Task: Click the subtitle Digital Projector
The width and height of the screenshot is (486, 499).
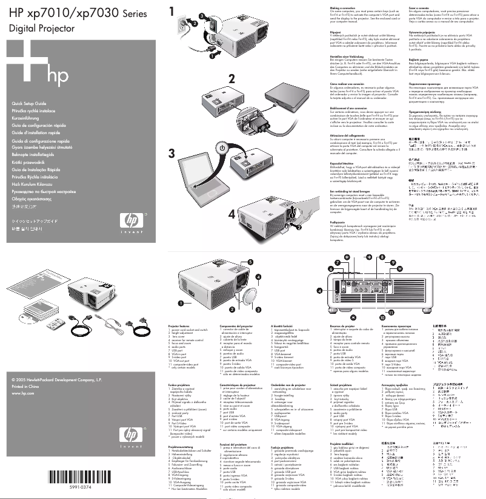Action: click(41, 28)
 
